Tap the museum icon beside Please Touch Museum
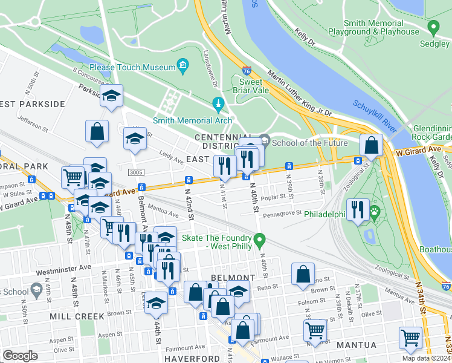(182, 65)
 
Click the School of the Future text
(309, 143)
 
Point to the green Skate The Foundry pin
(260, 242)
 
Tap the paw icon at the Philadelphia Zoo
(375, 212)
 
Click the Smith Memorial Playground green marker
(433, 27)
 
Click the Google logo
(20, 355)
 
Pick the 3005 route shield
(136, 173)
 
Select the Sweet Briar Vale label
(250, 87)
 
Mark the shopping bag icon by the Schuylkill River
(371, 145)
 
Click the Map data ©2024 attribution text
(426, 358)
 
